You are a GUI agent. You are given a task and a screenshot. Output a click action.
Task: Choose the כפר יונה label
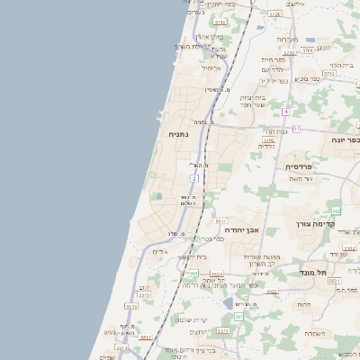click(x=345, y=141)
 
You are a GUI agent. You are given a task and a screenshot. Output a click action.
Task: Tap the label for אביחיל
click(x=210, y=67)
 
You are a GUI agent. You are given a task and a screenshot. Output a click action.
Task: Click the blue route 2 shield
click(x=193, y=179)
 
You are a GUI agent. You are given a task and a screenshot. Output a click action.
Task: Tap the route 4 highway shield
click(x=284, y=112)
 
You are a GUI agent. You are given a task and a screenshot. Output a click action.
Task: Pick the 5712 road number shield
click(x=328, y=73)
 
